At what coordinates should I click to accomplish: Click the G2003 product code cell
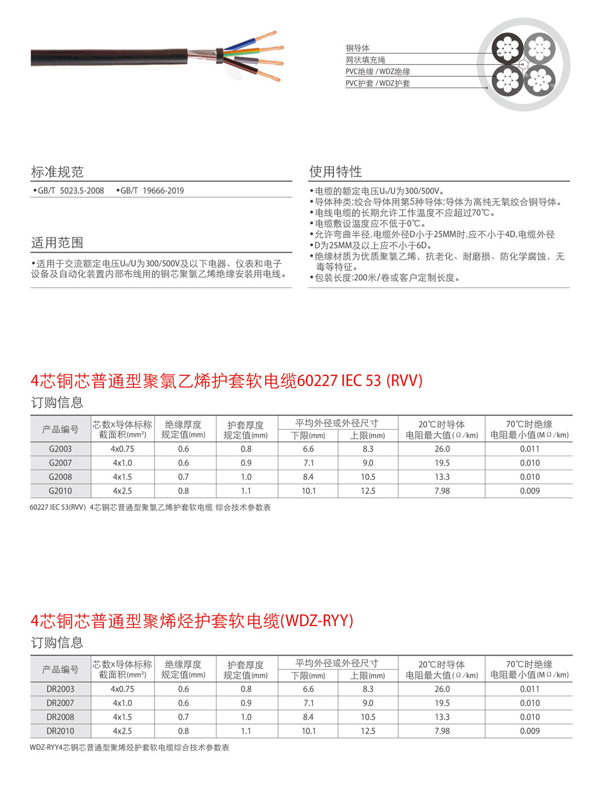(60, 449)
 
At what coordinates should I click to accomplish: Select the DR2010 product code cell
(60, 731)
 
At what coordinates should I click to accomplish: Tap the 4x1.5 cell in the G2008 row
(123, 477)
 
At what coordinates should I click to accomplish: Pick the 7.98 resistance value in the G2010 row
(442, 491)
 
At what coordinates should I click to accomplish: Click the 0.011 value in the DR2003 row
(530, 689)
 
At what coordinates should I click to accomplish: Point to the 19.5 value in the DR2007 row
(442, 703)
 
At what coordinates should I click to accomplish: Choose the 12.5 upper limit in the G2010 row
(368, 491)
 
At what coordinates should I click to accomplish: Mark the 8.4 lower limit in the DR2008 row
(308, 717)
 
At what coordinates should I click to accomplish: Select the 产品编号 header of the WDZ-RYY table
(60, 670)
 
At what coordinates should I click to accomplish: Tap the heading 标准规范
(57, 172)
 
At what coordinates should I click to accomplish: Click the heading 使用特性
(336, 172)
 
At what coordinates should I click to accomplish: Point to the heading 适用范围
(57, 243)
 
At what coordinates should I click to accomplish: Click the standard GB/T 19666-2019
(152, 190)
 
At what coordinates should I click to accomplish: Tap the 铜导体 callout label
(358, 48)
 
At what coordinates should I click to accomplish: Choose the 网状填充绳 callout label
(365, 60)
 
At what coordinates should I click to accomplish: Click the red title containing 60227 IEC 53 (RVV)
(226, 381)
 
